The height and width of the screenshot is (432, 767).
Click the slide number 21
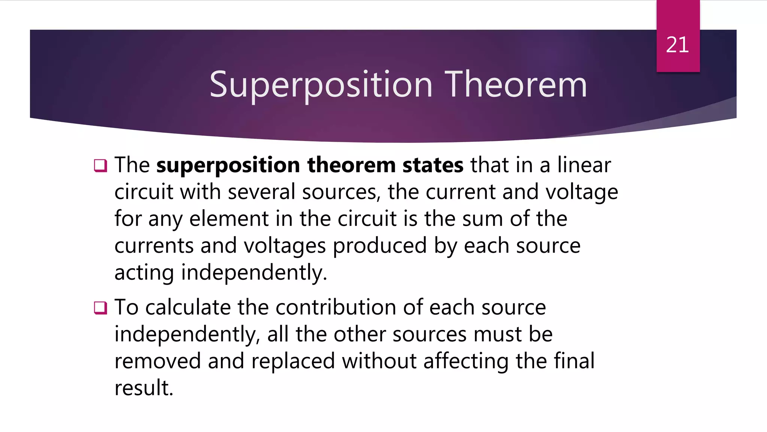click(677, 45)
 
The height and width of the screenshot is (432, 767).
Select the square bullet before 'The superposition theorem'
click(100, 165)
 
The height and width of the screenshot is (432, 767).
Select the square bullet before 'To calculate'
click(100, 308)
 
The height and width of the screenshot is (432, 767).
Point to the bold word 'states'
click(433, 165)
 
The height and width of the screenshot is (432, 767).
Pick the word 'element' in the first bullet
click(229, 219)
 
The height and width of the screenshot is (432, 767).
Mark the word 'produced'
click(379, 246)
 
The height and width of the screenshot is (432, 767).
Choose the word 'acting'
click(144, 273)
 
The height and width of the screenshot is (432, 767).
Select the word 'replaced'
click(293, 361)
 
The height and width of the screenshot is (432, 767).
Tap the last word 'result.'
click(144, 388)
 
